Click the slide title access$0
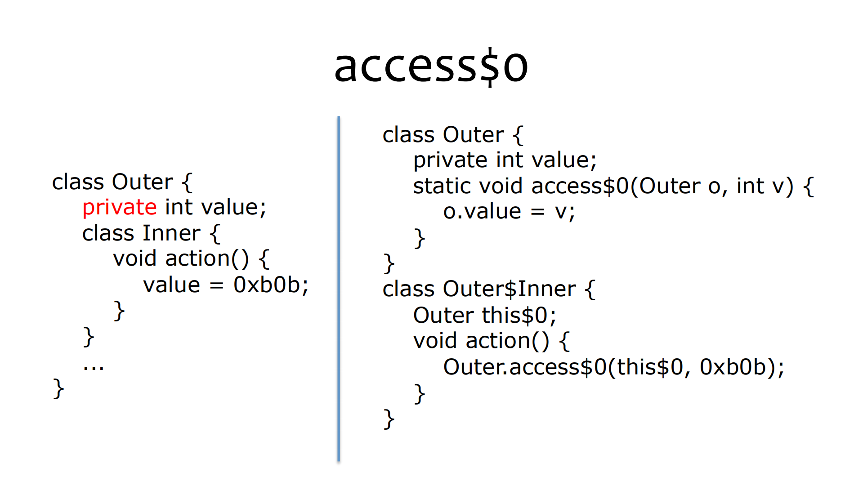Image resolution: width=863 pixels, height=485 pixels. [x=431, y=67]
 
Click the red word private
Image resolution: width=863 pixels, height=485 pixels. [x=120, y=208]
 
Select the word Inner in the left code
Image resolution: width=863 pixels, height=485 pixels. [x=171, y=233]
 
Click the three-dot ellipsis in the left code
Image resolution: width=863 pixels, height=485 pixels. [x=94, y=367]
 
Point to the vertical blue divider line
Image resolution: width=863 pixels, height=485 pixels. [x=339, y=288]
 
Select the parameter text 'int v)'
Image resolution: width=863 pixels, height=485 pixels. [x=765, y=186]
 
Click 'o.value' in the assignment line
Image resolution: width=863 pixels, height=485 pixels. [x=482, y=211]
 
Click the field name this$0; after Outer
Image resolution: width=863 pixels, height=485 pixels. [x=519, y=315]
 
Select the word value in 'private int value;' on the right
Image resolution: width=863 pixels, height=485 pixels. [x=564, y=160]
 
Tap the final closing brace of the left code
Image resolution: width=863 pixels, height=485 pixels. [x=58, y=388]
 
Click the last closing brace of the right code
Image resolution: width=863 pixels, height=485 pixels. [x=389, y=419]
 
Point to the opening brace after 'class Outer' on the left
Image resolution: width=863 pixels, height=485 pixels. [x=187, y=182]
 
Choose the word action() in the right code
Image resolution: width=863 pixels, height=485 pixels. [x=507, y=341]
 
